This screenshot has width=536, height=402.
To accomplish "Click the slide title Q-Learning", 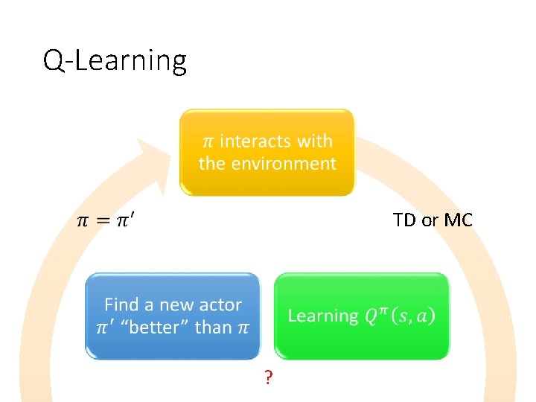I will click(115, 60).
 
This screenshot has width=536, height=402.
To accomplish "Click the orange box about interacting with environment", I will click(267, 152).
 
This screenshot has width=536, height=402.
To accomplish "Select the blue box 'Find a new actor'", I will click(173, 316).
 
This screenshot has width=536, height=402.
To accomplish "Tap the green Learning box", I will click(362, 316).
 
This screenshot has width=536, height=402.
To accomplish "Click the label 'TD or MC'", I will click(433, 220).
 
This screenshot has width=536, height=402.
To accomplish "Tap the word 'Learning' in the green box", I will click(323, 316).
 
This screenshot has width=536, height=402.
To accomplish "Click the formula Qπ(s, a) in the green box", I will click(400, 316).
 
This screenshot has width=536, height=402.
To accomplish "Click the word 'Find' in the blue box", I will click(121, 304).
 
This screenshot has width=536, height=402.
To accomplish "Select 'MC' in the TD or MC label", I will click(458, 220).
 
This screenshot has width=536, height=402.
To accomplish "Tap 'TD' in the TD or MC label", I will click(404, 220).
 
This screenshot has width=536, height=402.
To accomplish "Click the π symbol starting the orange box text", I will click(208, 141).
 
